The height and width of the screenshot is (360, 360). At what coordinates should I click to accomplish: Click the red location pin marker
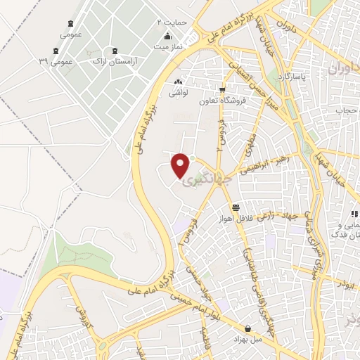181,165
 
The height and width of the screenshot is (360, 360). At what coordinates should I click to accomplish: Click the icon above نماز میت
167,37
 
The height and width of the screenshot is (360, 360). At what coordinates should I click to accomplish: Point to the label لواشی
176,91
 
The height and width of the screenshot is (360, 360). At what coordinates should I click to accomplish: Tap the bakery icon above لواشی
177,81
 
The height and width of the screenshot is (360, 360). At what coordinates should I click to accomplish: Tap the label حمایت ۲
172,22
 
